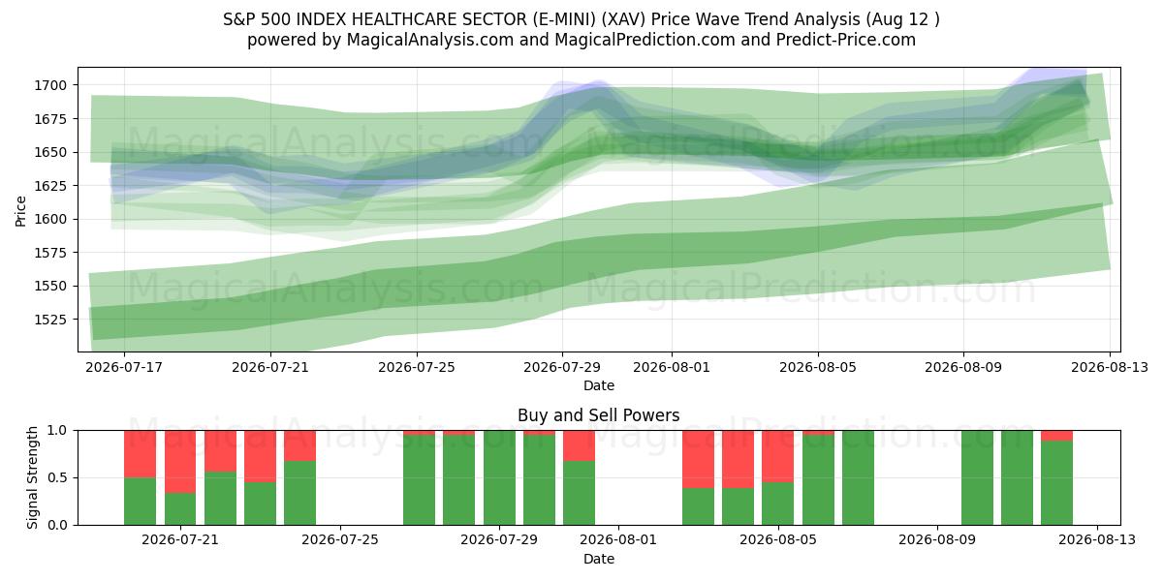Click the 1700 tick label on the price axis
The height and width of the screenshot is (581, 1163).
tap(50, 85)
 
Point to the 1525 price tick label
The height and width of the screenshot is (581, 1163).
tap(50, 320)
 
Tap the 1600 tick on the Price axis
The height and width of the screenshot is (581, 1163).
tap(50, 219)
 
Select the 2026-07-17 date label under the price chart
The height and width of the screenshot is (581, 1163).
tap(124, 367)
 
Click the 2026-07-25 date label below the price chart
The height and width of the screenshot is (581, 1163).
tap(417, 367)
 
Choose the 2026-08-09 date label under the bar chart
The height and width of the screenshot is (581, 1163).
tap(937, 540)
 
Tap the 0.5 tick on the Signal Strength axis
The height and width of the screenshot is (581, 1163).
tap(57, 477)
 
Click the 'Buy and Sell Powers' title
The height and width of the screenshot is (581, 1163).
tap(599, 415)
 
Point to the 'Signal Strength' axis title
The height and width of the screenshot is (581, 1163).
tap(32, 477)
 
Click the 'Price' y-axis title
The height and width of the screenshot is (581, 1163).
tap(20, 211)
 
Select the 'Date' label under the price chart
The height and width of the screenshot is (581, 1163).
tap(599, 385)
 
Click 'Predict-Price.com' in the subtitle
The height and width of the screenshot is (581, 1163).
tap(846, 40)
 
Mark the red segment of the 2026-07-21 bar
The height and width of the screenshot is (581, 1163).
tap(180, 461)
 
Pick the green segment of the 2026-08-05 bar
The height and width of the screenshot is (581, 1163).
tap(777, 504)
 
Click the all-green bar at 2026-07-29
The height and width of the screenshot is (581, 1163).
tap(499, 477)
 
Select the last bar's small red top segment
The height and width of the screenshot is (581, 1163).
tap(1056, 435)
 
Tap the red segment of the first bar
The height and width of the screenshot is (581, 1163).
tap(141, 454)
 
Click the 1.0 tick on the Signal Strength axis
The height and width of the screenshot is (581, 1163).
tap(57, 430)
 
